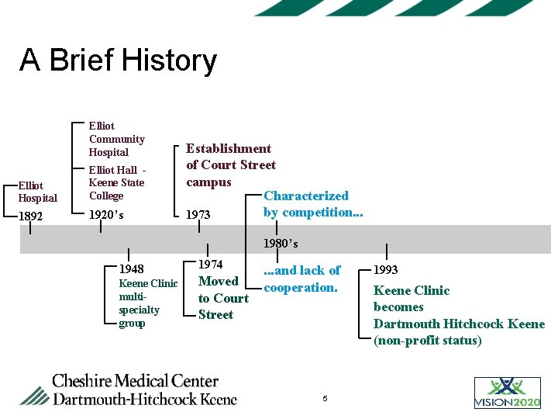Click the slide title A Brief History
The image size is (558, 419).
pos(118,61)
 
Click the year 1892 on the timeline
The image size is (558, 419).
pos(31,216)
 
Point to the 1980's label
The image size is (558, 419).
pos(281,244)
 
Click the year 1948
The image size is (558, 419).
pos(131,268)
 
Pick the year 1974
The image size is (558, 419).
pos(212,265)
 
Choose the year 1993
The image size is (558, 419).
pos(386,270)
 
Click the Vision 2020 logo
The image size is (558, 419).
pos(508,393)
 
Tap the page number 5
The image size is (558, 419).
pos(325,398)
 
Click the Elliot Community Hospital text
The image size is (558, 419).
pos(116,139)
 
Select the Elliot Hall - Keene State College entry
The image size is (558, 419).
pos(116,183)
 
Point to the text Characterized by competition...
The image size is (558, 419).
pos(312,204)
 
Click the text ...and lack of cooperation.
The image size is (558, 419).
pos(301,279)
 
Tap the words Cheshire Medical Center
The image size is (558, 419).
pos(135,381)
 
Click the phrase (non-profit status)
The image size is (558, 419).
pos(427,340)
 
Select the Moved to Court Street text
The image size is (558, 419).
pos(223,298)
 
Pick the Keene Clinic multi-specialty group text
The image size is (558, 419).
pos(147,303)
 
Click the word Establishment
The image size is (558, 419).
pos(229,148)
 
